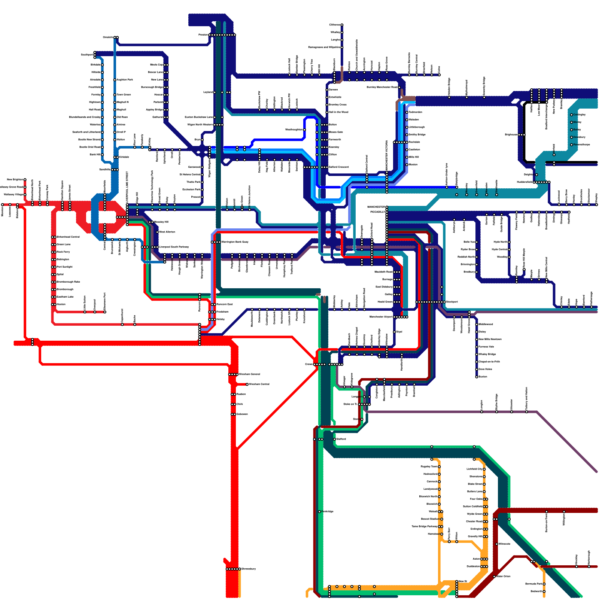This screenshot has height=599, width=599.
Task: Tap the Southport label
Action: coord(87,55)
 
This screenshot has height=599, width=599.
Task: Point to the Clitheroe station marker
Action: coord(342,25)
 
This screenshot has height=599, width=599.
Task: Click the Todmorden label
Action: coord(416,112)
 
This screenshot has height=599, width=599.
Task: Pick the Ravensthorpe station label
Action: coord(581,145)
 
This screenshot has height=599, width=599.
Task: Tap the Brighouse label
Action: coord(511,134)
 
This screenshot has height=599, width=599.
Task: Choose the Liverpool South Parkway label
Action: coord(174,247)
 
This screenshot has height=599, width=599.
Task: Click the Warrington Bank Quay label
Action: coord(235,242)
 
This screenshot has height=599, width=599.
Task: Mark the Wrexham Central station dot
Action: coord(247,384)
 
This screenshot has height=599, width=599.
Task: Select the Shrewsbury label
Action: coord(249,569)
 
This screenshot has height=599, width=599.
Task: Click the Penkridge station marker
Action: coord(319,511)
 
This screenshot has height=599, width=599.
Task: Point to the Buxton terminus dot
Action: coord(477,377)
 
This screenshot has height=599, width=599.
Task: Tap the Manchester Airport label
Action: coord(381,317)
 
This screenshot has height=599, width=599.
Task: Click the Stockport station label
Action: coord(452,302)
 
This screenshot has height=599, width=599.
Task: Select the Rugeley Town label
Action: coord(429,466)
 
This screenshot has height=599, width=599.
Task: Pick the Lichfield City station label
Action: coord(474,469)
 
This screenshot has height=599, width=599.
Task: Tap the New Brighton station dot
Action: coord(25,180)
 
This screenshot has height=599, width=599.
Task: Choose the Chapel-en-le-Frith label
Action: coord(489,362)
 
